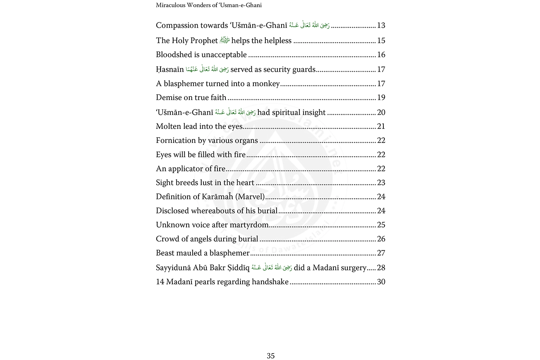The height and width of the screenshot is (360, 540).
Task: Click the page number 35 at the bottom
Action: (271, 356)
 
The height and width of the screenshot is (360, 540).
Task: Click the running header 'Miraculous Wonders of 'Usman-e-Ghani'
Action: (209, 5)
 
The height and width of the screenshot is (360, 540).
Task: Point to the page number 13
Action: (381, 26)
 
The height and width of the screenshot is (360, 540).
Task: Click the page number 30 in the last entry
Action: (381, 282)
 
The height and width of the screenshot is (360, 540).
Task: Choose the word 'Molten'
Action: (167, 126)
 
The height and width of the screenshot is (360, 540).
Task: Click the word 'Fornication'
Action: (176, 140)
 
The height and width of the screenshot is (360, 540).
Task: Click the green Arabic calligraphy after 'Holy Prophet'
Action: (225, 41)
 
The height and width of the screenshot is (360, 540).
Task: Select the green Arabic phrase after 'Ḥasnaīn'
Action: (207, 69)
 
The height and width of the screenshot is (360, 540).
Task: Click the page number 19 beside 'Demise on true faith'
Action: (381, 98)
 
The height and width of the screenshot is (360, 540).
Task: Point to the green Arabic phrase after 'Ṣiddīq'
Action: (272, 267)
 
